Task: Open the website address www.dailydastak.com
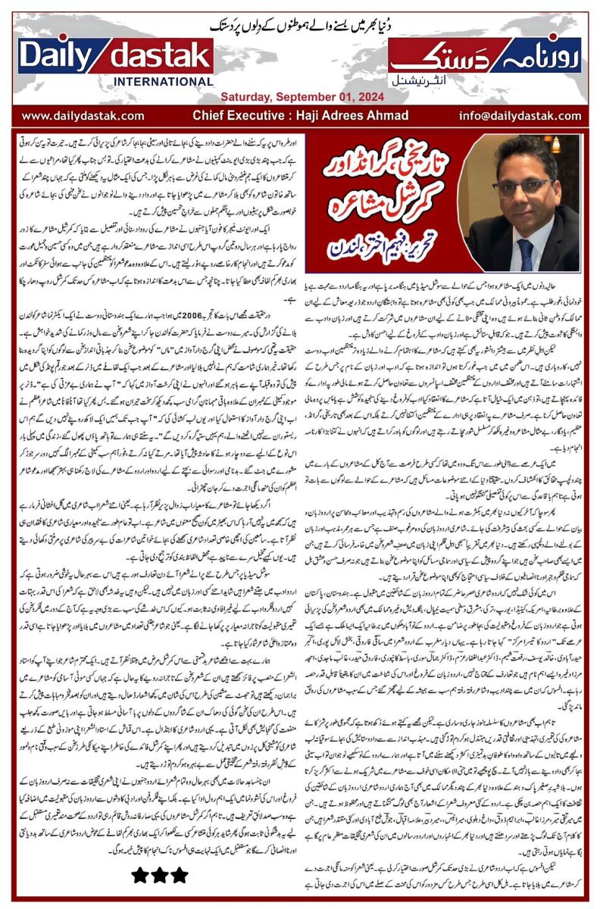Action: click(x=83, y=116)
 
